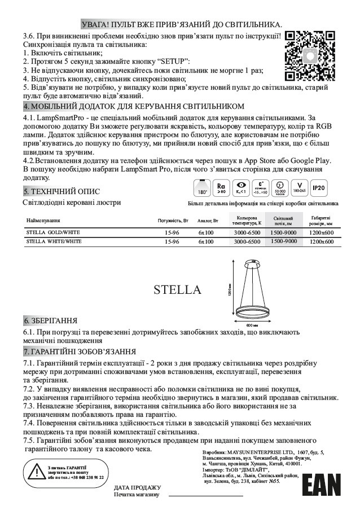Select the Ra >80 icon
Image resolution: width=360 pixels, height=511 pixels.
click(x=221, y=187)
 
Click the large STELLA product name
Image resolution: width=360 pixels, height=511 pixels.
click(x=177, y=290)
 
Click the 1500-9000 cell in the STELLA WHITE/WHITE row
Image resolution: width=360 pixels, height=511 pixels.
click(x=284, y=241)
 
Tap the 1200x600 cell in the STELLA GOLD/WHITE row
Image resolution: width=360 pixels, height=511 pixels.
click(x=322, y=232)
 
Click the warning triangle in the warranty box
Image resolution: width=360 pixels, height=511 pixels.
click(x=36, y=470)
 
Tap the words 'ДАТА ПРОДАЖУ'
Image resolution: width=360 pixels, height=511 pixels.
click(x=138, y=487)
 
